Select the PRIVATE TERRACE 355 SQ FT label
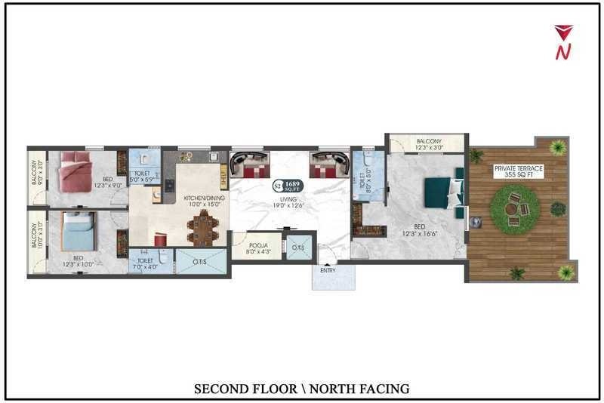[518, 171]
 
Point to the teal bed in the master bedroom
[442, 192]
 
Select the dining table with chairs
[203, 227]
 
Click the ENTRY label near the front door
[328, 269]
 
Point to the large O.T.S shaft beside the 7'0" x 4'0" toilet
[200, 262]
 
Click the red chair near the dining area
[160, 238]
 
